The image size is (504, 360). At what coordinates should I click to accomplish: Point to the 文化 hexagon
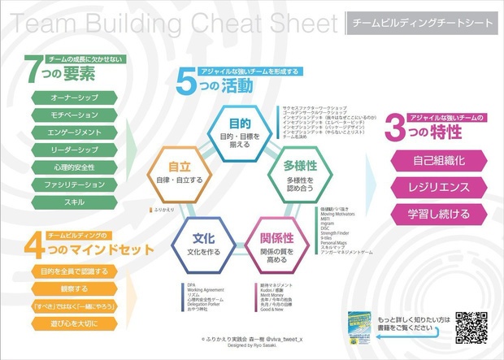(203, 244)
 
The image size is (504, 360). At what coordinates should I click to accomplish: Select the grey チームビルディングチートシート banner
(420, 24)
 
